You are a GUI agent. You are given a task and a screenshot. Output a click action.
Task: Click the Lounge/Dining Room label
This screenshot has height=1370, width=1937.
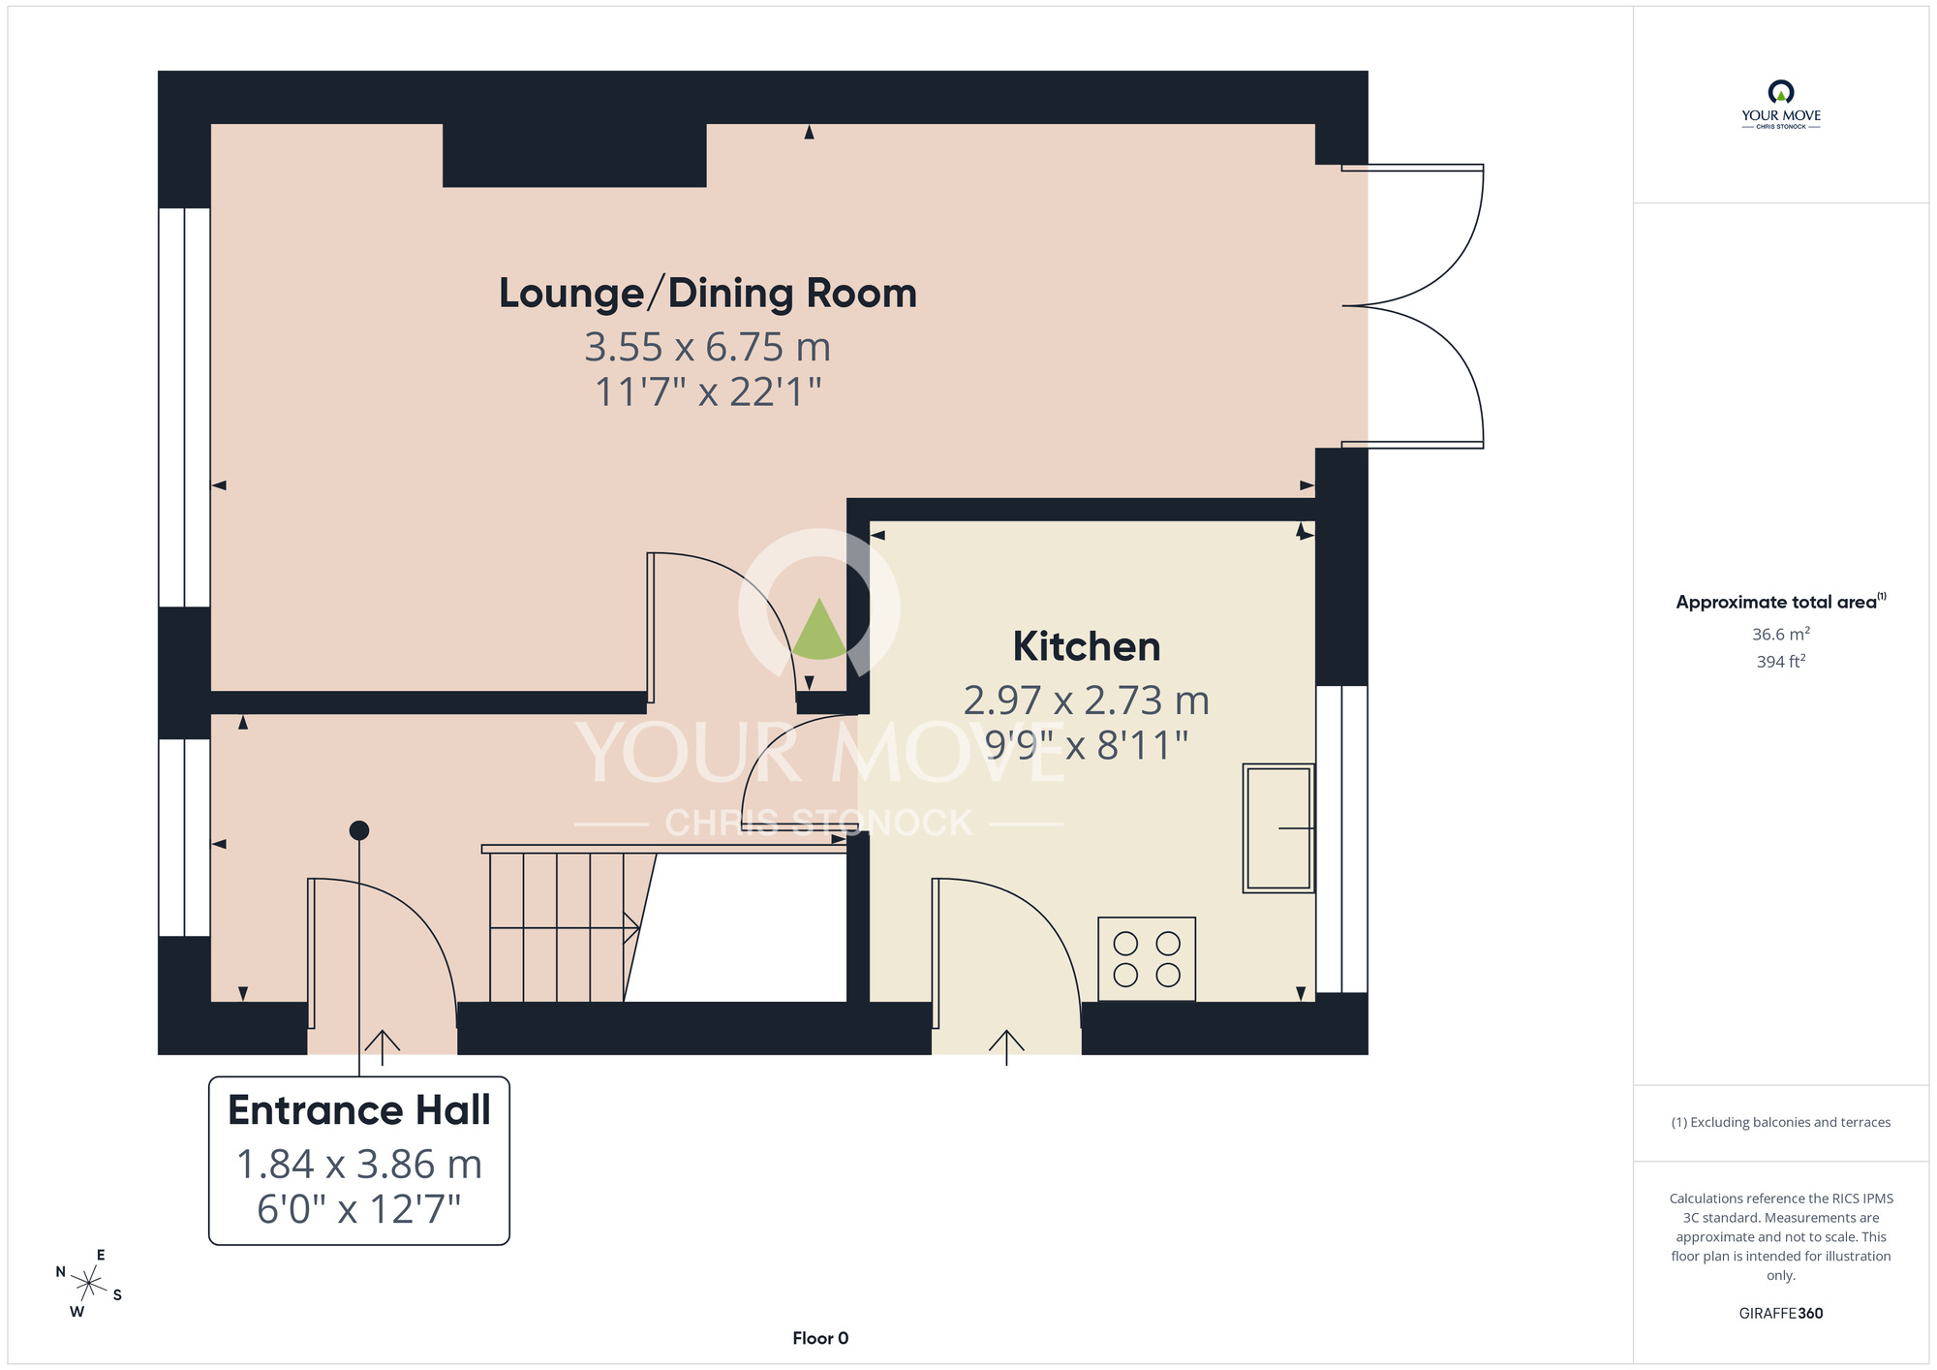pyautogui.click(x=708, y=294)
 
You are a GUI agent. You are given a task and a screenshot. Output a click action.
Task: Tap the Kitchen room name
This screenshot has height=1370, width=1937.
pyautogui.click(x=1087, y=646)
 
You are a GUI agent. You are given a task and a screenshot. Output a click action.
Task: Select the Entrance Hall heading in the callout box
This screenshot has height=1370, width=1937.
pyautogui.click(x=359, y=1110)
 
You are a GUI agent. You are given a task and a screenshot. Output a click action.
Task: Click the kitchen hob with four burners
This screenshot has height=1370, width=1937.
pyautogui.click(x=1147, y=959)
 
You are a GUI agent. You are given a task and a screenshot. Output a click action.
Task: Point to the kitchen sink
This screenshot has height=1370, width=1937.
pyautogui.click(x=1278, y=828)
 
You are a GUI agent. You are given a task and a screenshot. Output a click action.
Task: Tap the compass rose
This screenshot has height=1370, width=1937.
pyautogui.click(x=88, y=1285)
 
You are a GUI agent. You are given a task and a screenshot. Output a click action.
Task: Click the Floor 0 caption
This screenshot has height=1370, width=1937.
pyautogui.click(x=820, y=1338)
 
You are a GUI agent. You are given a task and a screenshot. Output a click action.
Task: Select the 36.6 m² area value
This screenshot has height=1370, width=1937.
pyautogui.click(x=1781, y=634)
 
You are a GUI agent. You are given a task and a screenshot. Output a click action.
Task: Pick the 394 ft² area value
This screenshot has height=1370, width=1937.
pyautogui.click(x=1781, y=662)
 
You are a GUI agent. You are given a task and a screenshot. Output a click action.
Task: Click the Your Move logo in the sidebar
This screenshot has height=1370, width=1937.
pyautogui.click(x=1781, y=105)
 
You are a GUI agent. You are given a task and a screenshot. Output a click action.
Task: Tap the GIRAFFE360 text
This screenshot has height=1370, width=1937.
pyautogui.click(x=1781, y=1314)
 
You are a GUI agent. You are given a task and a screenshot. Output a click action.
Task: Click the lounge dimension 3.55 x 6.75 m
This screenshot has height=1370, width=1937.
pyautogui.click(x=708, y=347)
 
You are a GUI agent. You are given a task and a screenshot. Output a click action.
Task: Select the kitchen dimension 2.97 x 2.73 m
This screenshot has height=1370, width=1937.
pyautogui.click(x=1087, y=701)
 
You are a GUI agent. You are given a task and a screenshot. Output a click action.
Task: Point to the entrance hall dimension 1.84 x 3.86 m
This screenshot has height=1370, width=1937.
pyautogui.click(x=359, y=1165)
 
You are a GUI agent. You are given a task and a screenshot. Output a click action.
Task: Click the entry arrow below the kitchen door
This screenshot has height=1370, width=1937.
pyautogui.click(x=1006, y=1047)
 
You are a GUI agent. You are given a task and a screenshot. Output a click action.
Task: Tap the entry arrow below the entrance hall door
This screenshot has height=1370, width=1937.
pyautogui.click(x=383, y=1047)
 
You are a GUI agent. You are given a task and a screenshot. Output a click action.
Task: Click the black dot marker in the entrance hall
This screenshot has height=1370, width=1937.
pyautogui.click(x=359, y=830)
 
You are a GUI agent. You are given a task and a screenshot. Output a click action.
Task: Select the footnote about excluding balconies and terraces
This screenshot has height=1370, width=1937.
pyautogui.click(x=1781, y=1122)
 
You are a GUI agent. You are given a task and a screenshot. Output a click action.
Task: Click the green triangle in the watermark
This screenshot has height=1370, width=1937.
pyautogui.click(x=819, y=632)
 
